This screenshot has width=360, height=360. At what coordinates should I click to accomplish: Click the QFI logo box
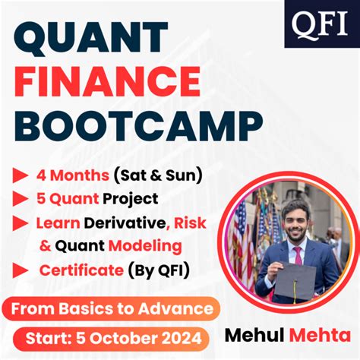tap(317, 24)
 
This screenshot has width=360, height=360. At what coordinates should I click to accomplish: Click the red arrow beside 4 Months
tap(21, 175)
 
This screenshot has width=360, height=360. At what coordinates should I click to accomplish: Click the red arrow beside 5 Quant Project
tap(21, 199)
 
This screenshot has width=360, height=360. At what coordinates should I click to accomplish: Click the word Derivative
tap(128, 223)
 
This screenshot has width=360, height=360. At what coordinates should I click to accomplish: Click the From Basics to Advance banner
tap(112, 308)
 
